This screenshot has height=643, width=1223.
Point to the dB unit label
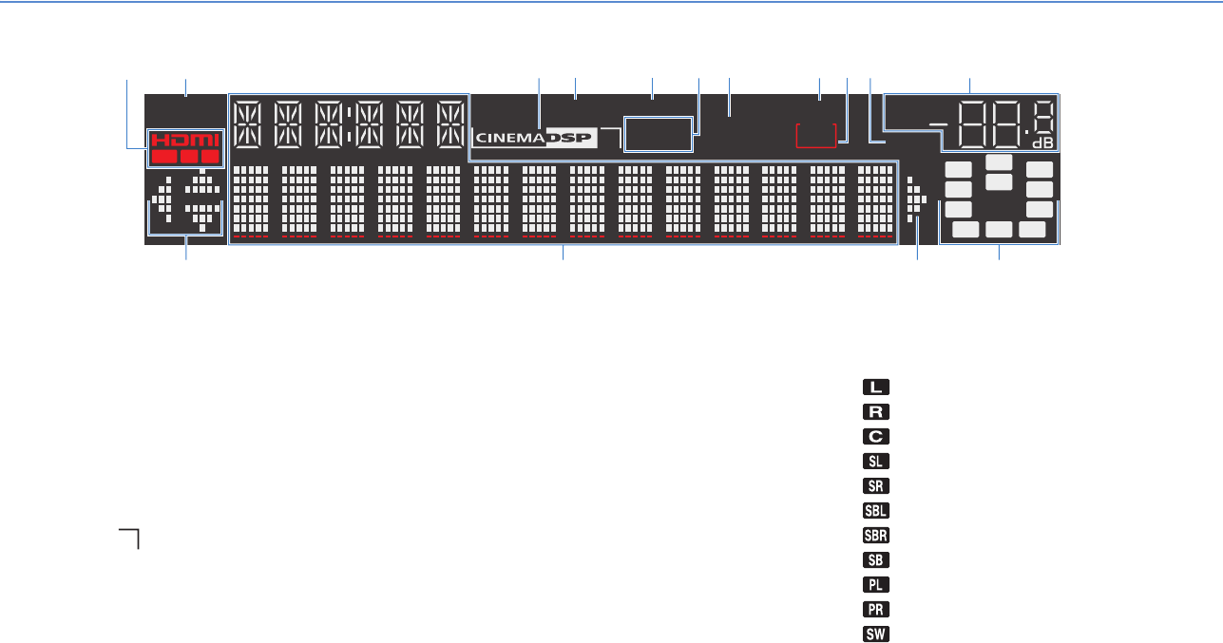[x=1042, y=143]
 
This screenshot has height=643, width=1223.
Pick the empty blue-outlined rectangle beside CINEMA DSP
[x=657, y=135]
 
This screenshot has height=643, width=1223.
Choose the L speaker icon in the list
[x=875, y=388]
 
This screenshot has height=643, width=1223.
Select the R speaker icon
[x=875, y=412]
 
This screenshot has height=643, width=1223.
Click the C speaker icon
[x=875, y=437]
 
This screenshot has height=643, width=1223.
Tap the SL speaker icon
[x=875, y=462]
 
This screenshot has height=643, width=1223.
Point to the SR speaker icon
[x=875, y=486]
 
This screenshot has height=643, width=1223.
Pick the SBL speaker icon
[x=875, y=511]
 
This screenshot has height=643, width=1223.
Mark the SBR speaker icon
[x=875, y=536]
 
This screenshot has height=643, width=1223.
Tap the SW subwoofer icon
[x=875, y=634]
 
